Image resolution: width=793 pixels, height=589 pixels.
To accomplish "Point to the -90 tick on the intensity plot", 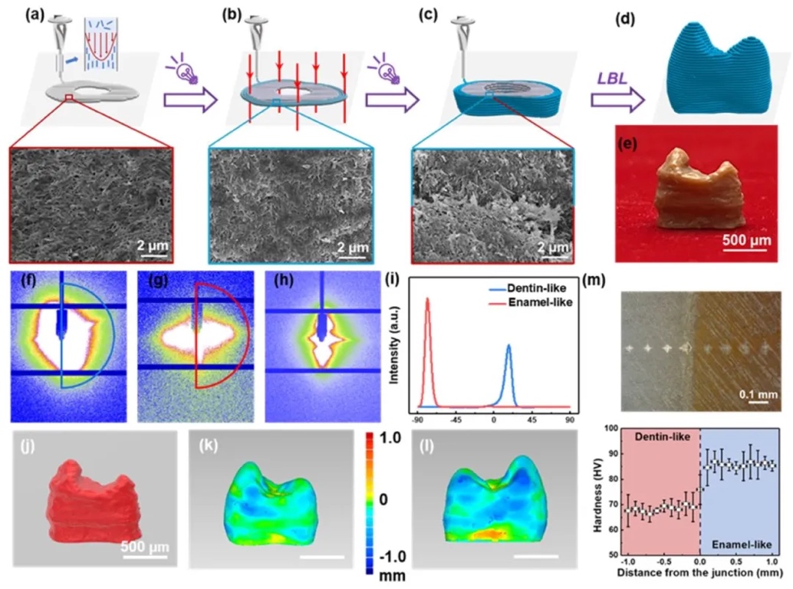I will (418, 420).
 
